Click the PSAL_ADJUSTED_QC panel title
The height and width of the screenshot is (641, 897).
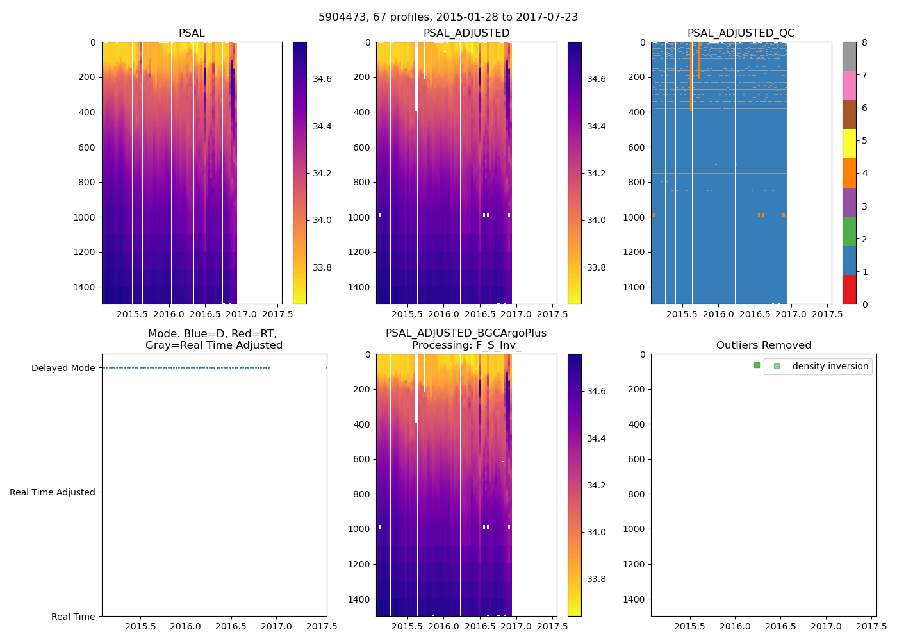tap(741, 33)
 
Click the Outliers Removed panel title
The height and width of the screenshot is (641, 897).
tap(764, 345)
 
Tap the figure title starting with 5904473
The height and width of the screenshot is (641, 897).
tap(448, 17)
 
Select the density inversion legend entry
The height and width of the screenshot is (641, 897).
tap(830, 367)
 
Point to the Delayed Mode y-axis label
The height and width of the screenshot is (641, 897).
tap(63, 368)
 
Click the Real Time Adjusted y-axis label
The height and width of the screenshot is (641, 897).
tap(53, 492)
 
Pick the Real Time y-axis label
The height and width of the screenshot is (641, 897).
tap(73, 617)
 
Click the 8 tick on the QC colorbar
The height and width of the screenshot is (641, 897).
tap(864, 42)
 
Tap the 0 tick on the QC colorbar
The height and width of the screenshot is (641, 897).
tap(864, 304)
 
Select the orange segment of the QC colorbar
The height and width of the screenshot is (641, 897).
tap(849, 173)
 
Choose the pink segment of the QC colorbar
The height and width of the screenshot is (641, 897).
tap(849, 85)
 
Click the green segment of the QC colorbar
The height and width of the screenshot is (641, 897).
tap(849, 231)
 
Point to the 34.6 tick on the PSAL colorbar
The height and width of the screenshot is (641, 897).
tap(322, 79)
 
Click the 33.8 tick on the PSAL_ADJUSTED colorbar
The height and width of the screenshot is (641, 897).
tap(597, 267)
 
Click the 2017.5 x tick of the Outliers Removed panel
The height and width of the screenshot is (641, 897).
tap(871, 626)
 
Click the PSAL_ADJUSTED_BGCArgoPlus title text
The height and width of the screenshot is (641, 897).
tap(466, 333)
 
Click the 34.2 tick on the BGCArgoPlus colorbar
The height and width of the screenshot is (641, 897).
tap(597, 485)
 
